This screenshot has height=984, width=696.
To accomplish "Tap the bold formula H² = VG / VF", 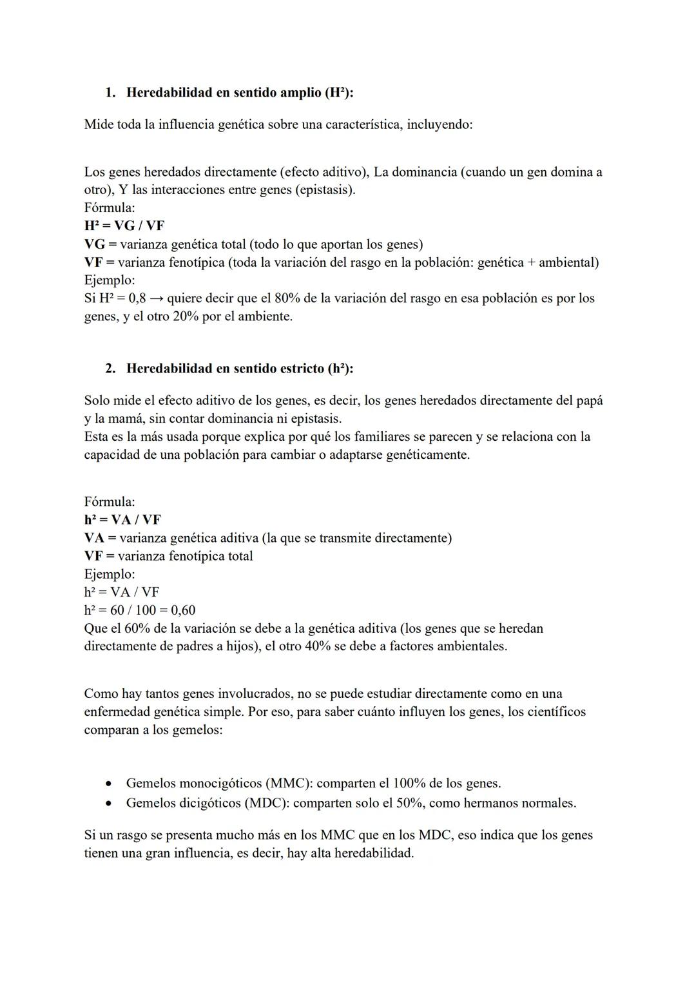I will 124,226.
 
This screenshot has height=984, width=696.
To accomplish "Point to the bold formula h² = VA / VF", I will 122,520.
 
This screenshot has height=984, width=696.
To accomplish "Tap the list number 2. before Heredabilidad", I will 110,369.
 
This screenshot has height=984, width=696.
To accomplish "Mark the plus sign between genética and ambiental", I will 530,263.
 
